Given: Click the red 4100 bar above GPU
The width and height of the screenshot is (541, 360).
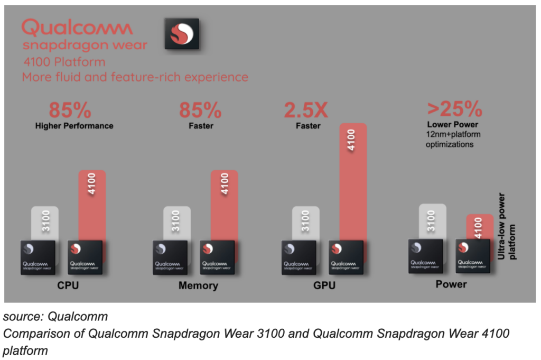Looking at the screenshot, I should tap(353, 180).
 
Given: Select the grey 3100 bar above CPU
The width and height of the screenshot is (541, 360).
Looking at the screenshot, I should tap(44, 222).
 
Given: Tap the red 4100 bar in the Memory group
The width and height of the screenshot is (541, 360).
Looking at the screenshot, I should tap(225, 204).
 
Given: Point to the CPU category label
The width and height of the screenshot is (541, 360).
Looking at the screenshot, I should tap(69, 286).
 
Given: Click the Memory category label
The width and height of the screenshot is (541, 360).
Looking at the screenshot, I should tap(198, 286).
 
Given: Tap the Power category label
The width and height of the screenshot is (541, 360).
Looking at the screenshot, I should tap(451, 284).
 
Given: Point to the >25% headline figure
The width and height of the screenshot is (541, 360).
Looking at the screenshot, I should tap(454, 109).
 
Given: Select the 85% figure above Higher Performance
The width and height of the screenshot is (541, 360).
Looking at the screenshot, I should tap(70, 110).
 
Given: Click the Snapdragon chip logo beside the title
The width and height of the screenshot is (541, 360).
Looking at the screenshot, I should tap(182, 34).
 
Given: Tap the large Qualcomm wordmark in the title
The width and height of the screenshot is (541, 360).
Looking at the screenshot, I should tap(77, 27).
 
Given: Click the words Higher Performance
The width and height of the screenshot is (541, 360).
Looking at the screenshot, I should tap(74, 126).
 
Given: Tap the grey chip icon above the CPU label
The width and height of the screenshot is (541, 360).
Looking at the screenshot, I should tap(38, 257).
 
